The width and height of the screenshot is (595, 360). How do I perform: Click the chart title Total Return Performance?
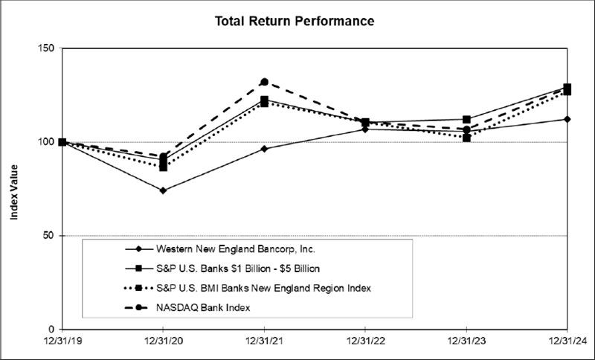point(295,21)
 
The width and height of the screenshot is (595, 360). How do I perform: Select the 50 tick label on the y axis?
point(48,236)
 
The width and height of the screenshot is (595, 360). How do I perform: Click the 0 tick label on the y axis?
point(51,330)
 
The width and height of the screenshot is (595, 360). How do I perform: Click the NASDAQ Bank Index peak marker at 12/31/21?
point(264,82)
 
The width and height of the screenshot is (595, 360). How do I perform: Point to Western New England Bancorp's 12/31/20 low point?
point(163,190)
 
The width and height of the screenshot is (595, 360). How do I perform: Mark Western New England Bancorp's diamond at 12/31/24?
point(567,119)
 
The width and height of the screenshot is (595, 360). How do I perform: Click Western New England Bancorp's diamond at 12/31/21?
point(264,149)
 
